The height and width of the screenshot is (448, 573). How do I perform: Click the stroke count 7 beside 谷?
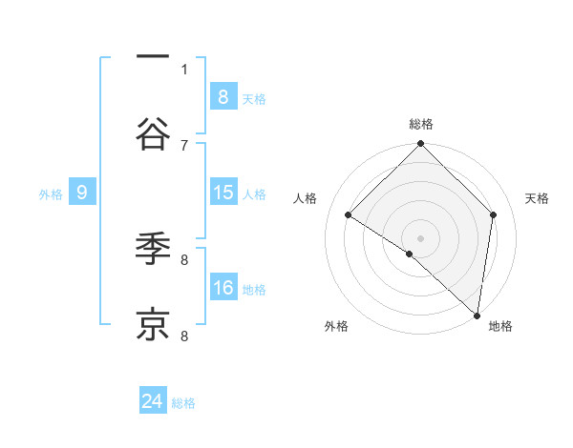point(184,145)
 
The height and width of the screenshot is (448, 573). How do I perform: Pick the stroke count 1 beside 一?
point(184,69)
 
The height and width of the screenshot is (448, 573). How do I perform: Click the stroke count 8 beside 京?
point(184,336)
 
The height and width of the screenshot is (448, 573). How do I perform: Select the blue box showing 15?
point(223,193)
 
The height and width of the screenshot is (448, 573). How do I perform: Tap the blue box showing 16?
point(223,289)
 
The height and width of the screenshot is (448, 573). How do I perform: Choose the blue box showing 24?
point(153,402)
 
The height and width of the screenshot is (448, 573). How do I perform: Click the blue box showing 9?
point(82,193)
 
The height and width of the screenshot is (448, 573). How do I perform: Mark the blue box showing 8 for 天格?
point(223,97)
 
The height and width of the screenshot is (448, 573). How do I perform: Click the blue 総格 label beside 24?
point(183,403)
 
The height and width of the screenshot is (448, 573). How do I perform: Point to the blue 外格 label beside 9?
point(51,194)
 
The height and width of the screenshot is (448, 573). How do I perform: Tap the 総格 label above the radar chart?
point(421,124)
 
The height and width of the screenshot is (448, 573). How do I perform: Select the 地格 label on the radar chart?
point(500,326)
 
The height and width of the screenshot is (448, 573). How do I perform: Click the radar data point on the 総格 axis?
point(421,146)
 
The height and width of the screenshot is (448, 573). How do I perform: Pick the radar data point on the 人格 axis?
point(349,215)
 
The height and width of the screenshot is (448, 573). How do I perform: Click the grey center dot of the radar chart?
point(421,237)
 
